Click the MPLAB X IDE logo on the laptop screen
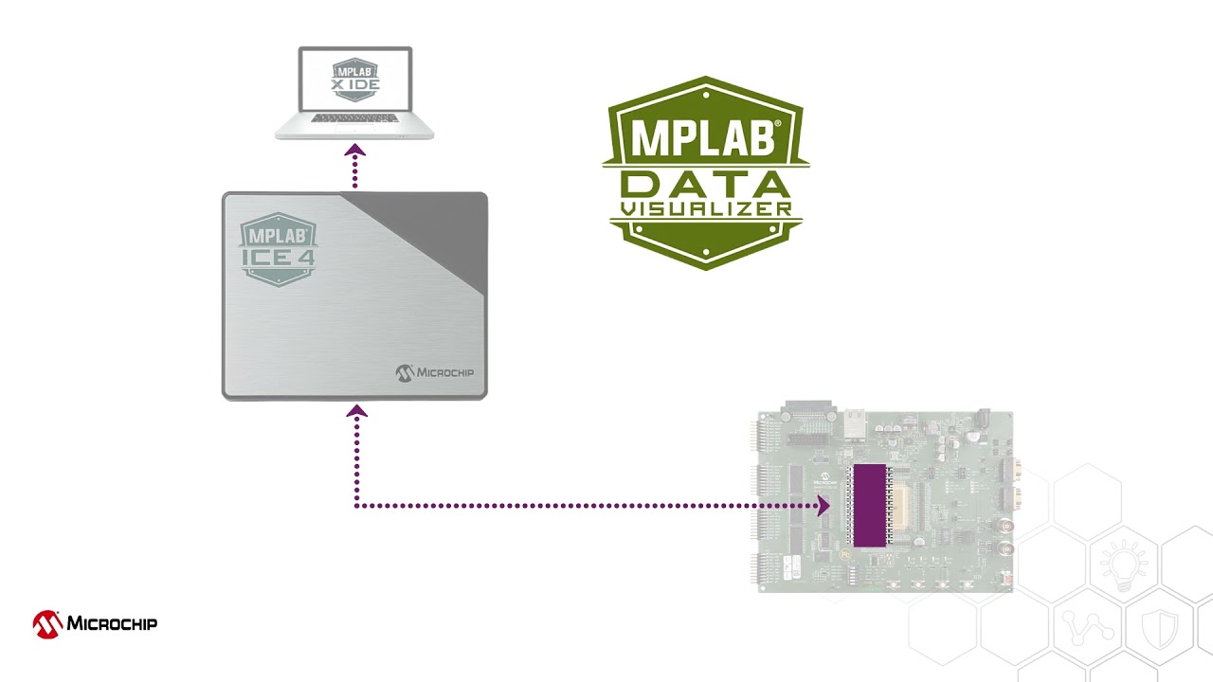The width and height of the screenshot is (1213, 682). (x=354, y=77)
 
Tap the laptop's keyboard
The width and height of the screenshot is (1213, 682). (x=353, y=118)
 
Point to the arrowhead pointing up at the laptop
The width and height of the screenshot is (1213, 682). (x=354, y=150)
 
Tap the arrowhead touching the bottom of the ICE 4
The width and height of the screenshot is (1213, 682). (x=356, y=411)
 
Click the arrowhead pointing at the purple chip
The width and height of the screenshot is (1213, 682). (x=823, y=506)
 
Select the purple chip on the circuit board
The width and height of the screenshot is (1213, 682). (x=869, y=506)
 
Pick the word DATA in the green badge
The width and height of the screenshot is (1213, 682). (x=705, y=184)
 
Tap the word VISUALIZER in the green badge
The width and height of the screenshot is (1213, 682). (x=705, y=208)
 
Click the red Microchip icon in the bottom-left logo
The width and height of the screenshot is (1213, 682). (x=47, y=624)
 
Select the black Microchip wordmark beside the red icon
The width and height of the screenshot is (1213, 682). (x=112, y=623)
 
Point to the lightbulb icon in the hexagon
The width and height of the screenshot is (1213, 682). (x=1123, y=565)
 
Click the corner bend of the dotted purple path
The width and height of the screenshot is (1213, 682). (x=356, y=506)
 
